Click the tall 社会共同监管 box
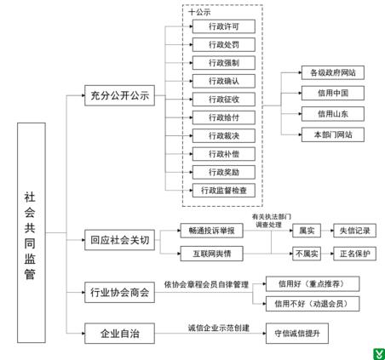coord(32,232)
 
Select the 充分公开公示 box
coord(119,95)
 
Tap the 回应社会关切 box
coord(119,240)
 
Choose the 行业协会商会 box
coord(119,292)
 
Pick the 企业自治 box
coord(119,334)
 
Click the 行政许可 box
coord(224,26)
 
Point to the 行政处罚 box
coord(224,44)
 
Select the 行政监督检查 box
coord(224,191)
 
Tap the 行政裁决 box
coord(224,135)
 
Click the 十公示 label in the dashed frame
coord(199,12)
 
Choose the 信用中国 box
coord(333,93)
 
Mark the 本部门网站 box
coord(333,134)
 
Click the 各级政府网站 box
coord(333,72)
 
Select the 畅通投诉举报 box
coord(212,231)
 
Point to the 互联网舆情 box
coord(212,254)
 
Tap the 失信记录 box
coord(355,231)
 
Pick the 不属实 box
coord(307,254)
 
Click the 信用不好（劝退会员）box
coord(313,304)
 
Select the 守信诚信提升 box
coord(297,334)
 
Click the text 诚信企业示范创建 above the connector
coord(219,328)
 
